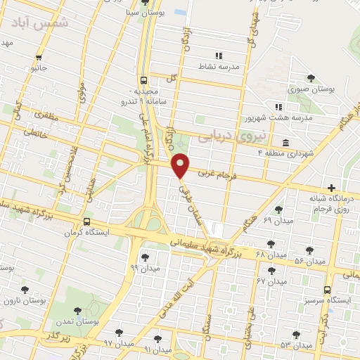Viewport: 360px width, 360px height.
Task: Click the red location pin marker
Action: pyautogui.click(x=181, y=165)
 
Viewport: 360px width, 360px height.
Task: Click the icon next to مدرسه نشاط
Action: pyautogui.click(x=219, y=56)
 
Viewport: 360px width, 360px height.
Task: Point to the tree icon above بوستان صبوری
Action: pyautogui.click(x=311, y=78)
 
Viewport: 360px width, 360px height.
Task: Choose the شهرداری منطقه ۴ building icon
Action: pyautogui.click(x=285, y=143)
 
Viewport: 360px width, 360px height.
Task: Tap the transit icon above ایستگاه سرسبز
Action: pyautogui.click(x=327, y=289)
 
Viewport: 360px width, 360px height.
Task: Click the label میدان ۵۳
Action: pyautogui.click(x=295, y=345)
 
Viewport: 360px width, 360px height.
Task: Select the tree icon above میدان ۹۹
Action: pyautogui.click(x=145, y=257)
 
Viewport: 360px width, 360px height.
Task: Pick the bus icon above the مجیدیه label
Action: pyautogui.click(x=143, y=81)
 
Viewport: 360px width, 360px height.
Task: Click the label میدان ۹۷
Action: pyautogui.click(x=118, y=342)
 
